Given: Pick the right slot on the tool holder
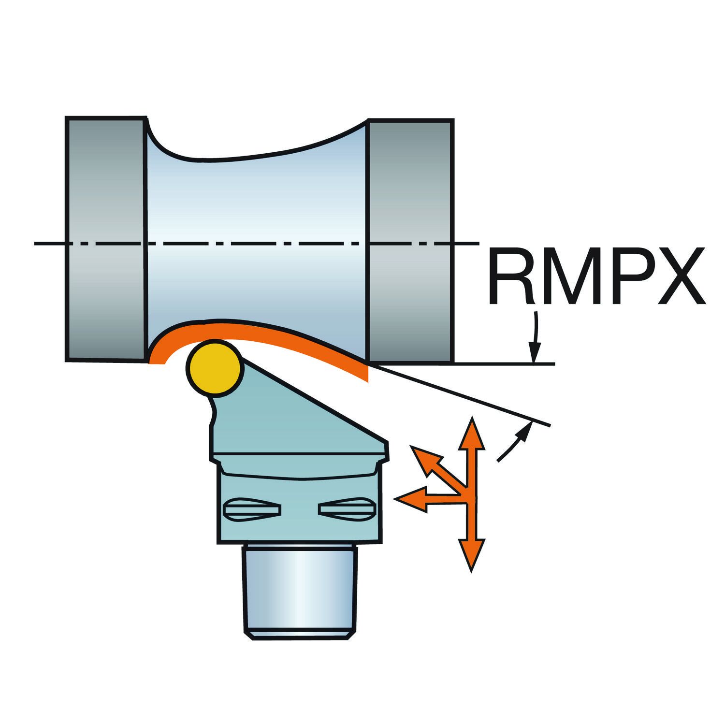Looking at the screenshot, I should pyautogui.click(x=346, y=509).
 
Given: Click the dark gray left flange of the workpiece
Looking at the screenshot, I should pyautogui.click(x=105, y=239).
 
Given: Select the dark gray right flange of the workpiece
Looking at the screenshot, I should pyautogui.click(x=411, y=239).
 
